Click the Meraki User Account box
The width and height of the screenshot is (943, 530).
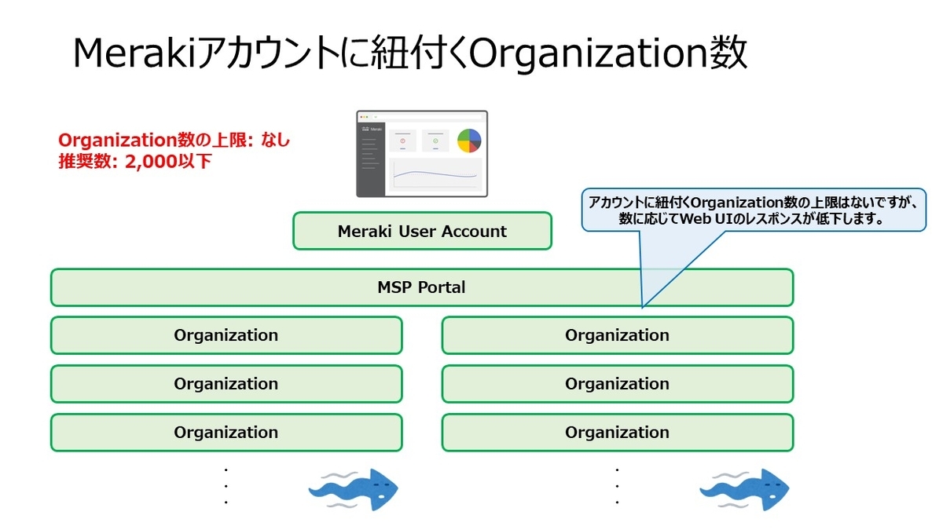click(422, 232)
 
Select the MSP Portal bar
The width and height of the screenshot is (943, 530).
click(421, 287)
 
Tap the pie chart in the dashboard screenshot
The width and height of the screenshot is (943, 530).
click(469, 141)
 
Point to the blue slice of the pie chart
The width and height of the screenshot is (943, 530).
click(464, 147)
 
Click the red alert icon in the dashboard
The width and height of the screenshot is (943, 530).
click(402, 141)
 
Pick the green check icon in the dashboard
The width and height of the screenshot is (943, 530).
click(435, 141)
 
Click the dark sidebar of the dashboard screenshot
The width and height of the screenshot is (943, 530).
click(370, 157)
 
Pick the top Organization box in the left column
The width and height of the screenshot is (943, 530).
click(226, 335)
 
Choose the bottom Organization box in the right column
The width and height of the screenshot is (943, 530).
click(617, 433)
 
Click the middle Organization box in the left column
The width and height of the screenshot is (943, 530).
click(226, 384)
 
